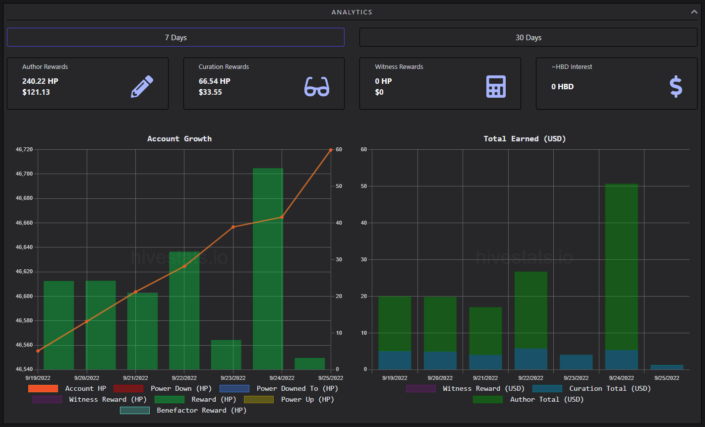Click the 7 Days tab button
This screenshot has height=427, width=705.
click(x=176, y=38)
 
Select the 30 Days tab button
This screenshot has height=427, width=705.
click(x=528, y=38)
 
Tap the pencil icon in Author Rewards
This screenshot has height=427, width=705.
click(x=142, y=86)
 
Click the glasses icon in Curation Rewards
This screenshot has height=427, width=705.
click(x=317, y=86)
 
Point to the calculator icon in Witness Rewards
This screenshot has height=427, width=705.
click(x=496, y=86)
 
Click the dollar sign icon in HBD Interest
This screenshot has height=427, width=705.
click(x=676, y=87)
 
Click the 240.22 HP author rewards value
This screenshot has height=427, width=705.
click(x=40, y=81)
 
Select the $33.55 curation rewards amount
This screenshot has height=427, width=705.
click(x=210, y=92)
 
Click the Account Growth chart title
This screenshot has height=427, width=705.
click(x=179, y=139)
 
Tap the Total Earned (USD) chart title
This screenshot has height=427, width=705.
click(x=525, y=139)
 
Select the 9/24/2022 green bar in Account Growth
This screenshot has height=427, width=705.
click(x=268, y=269)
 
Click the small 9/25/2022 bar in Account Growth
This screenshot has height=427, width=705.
click(x=310, y=364)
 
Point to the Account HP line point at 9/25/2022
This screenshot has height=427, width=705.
click(x=331, y=150)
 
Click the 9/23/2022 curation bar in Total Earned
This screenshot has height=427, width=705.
click(x=576, y=362)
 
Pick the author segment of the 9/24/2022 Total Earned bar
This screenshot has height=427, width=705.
click(x=622, y=267)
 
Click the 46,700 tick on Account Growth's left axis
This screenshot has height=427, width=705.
click(x=24, y=174)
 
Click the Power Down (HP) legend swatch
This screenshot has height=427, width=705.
click(x=128, y=389)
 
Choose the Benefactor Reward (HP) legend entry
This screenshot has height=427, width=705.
click(x=183, y=410)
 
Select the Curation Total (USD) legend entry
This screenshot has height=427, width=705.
click(x=591, y=389)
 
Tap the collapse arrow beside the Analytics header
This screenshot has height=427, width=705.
click(x=694, y=12)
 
